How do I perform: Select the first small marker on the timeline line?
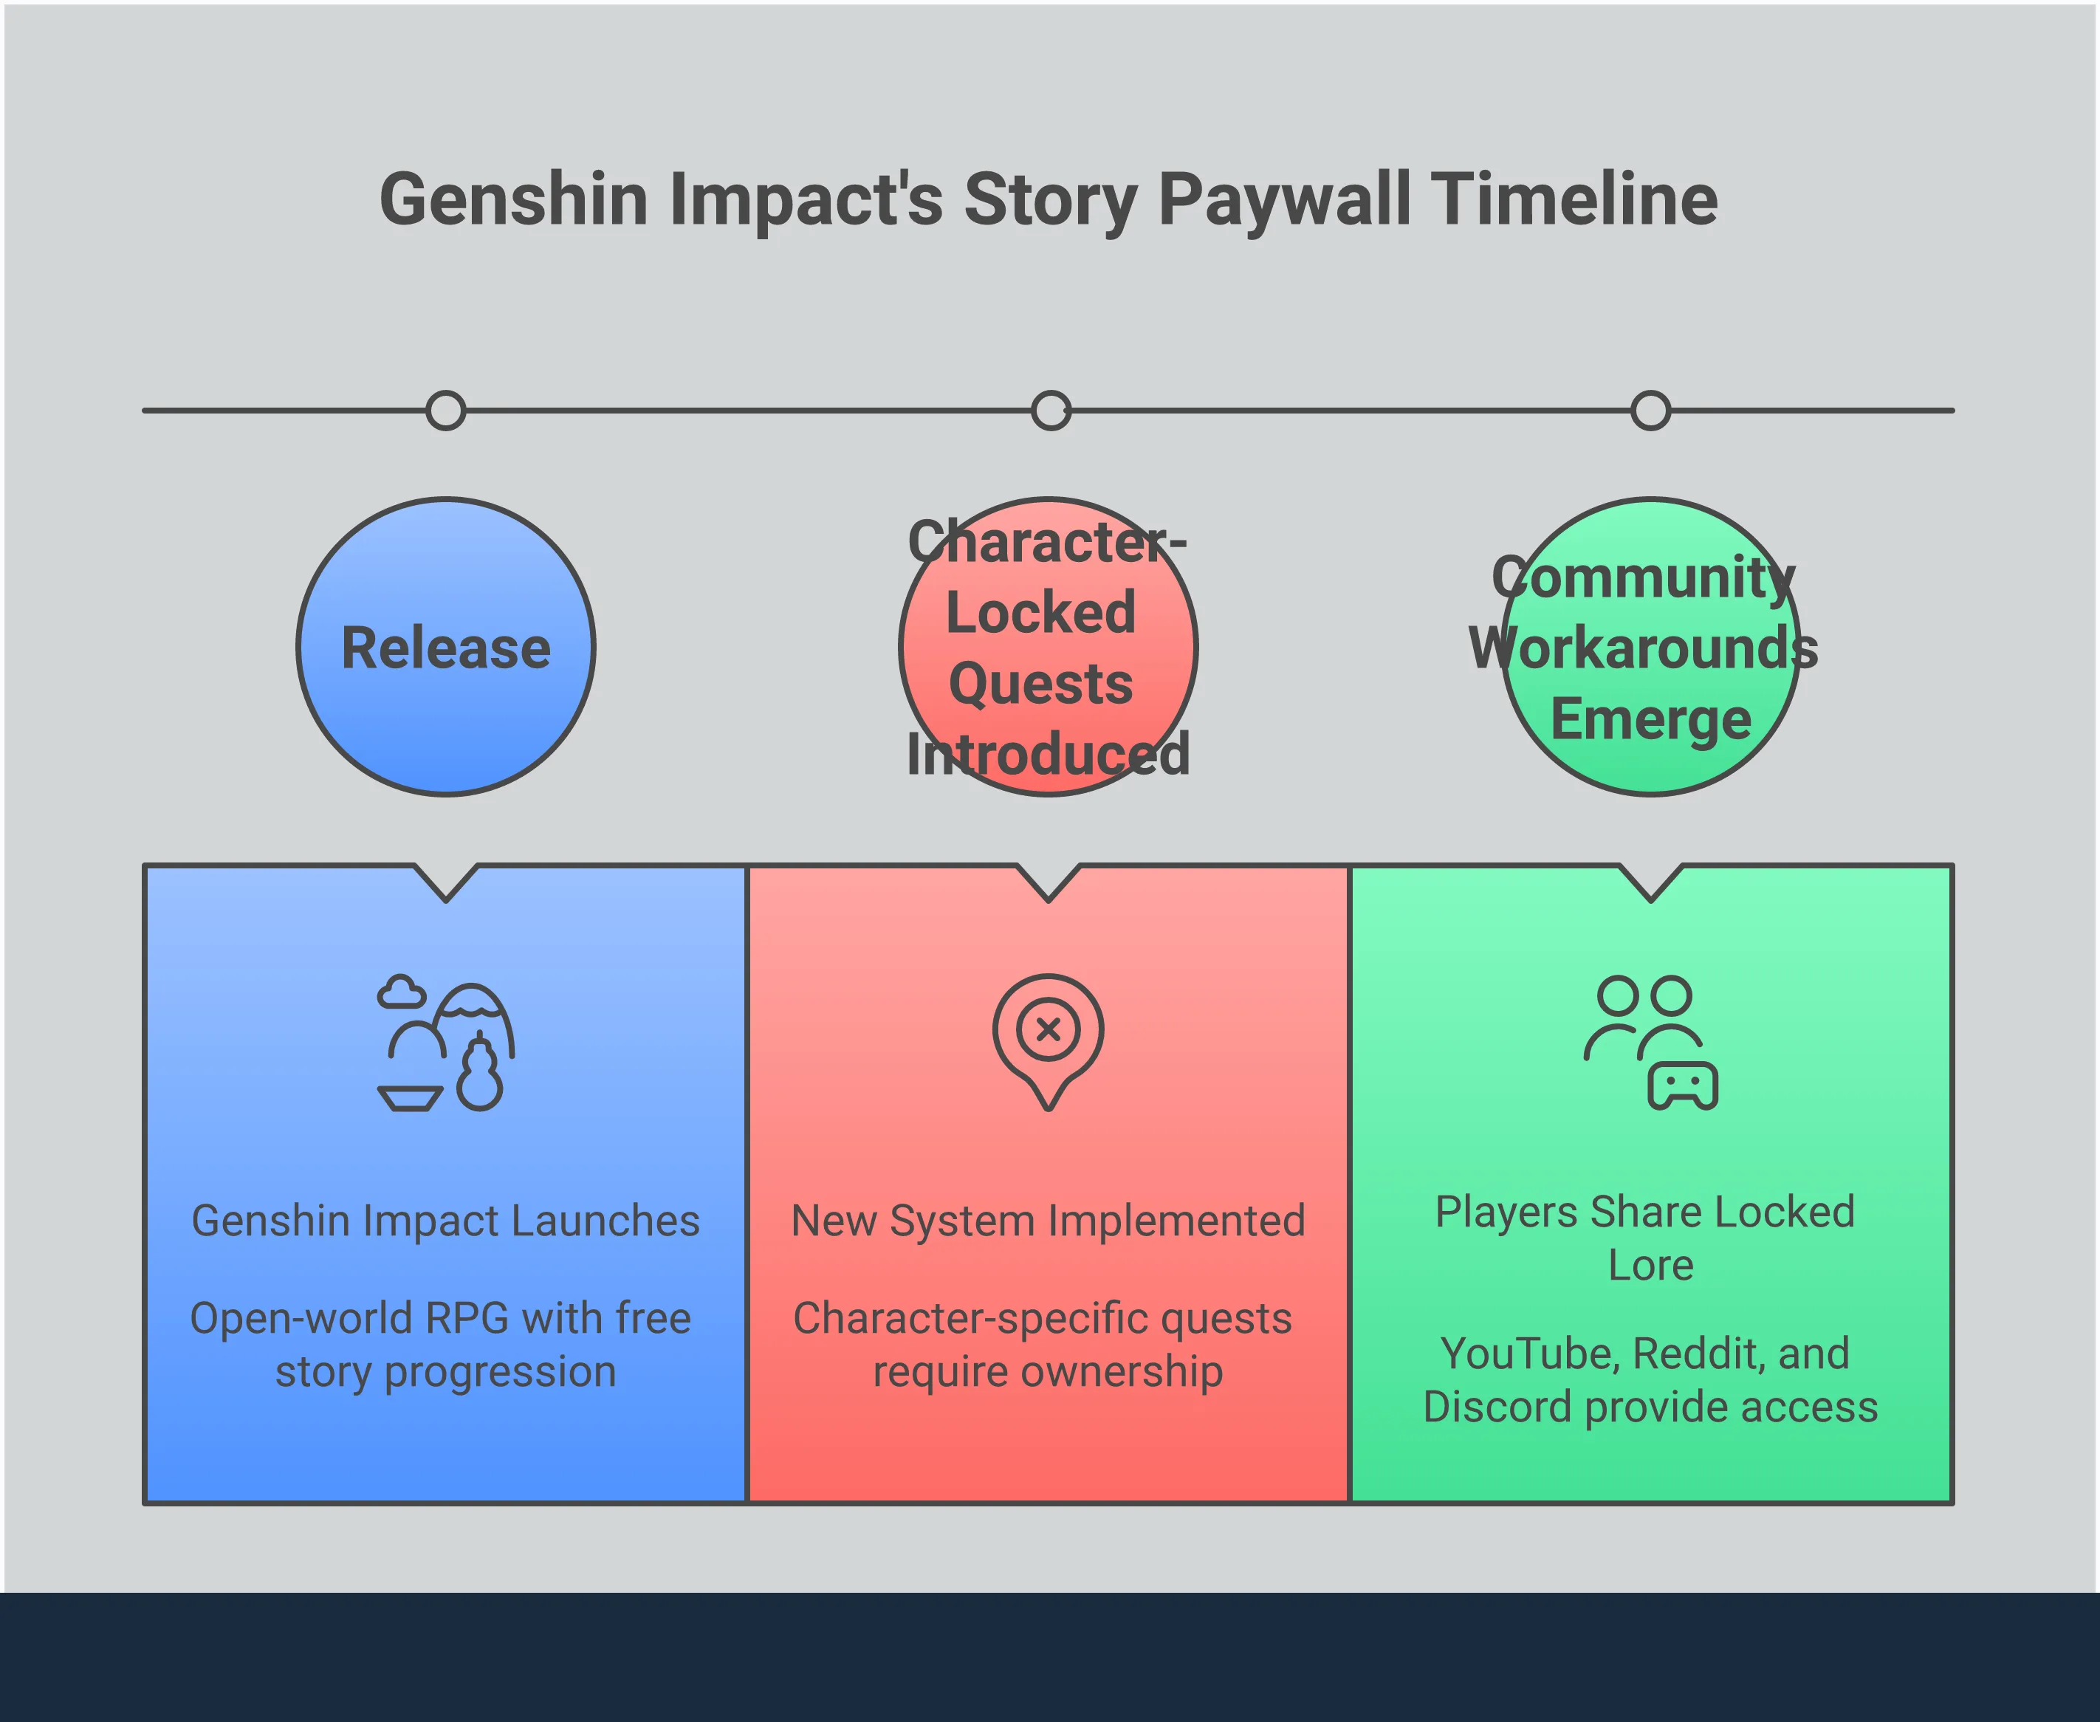445,410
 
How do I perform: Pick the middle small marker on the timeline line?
1051,410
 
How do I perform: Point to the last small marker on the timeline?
1650,410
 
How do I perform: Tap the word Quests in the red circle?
1040,684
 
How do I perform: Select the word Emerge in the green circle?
1650,719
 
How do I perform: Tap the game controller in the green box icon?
1682,1086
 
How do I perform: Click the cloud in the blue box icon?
401,992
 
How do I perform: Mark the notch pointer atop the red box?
1049,883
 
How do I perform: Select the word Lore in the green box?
1650,1266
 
